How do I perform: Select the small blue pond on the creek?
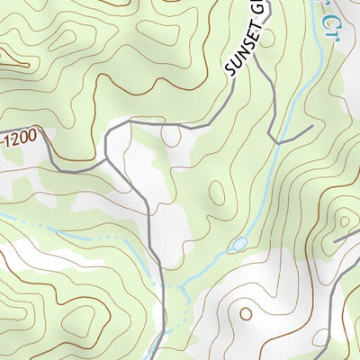click(x=239, y=245)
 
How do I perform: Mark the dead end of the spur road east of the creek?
click(x=311, y=127)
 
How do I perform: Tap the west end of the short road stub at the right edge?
click(x=335, y=242)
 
